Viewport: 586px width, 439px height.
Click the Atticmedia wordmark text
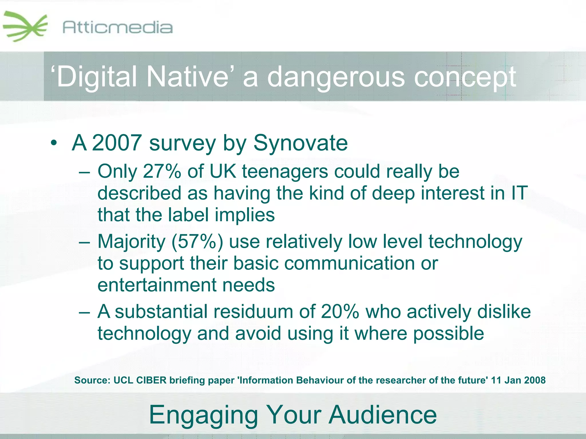click(x=117, y=28)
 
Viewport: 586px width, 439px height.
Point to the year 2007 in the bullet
click(x=117, y=143)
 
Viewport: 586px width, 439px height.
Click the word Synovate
click(x=300, y=143)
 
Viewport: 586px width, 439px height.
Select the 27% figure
click(x=162, y=171)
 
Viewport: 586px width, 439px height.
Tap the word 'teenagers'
click(x=285, y=172)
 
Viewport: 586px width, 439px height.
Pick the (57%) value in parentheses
click(x=197, y=242)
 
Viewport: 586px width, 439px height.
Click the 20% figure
click(x=340, y=312)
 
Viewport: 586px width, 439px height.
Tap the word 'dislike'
click(x=504, y=312)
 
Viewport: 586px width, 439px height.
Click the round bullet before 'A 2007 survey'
click(x=54, y=143)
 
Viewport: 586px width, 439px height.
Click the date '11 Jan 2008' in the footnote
click(x=518, y=380)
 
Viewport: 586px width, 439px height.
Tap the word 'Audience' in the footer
click(x=383, y=415)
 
